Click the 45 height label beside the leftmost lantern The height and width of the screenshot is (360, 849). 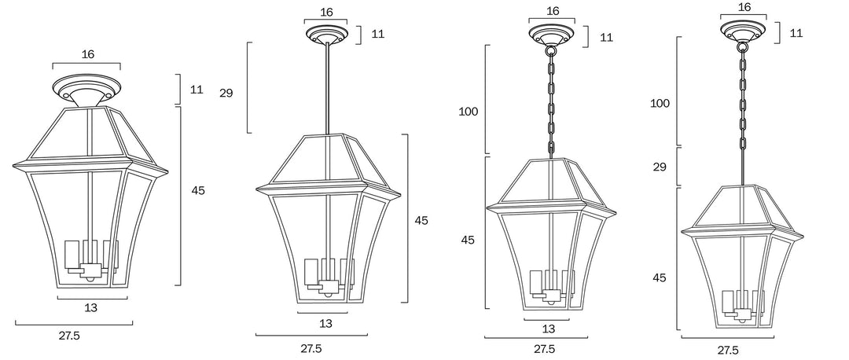pos(198,190)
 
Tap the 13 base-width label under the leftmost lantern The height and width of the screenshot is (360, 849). pos(91,307)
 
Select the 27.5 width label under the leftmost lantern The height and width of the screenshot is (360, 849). pos(69,336)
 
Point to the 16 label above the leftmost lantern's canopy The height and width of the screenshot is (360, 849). pos(88,54)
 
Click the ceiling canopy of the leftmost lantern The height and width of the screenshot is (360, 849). pos(86,90)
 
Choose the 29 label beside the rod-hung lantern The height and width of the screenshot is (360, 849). pos(226,93)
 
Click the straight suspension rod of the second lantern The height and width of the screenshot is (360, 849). pos(327,90)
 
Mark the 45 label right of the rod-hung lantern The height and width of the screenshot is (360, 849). pos(421,220)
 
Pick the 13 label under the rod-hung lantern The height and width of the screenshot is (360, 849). pos(325,324)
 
